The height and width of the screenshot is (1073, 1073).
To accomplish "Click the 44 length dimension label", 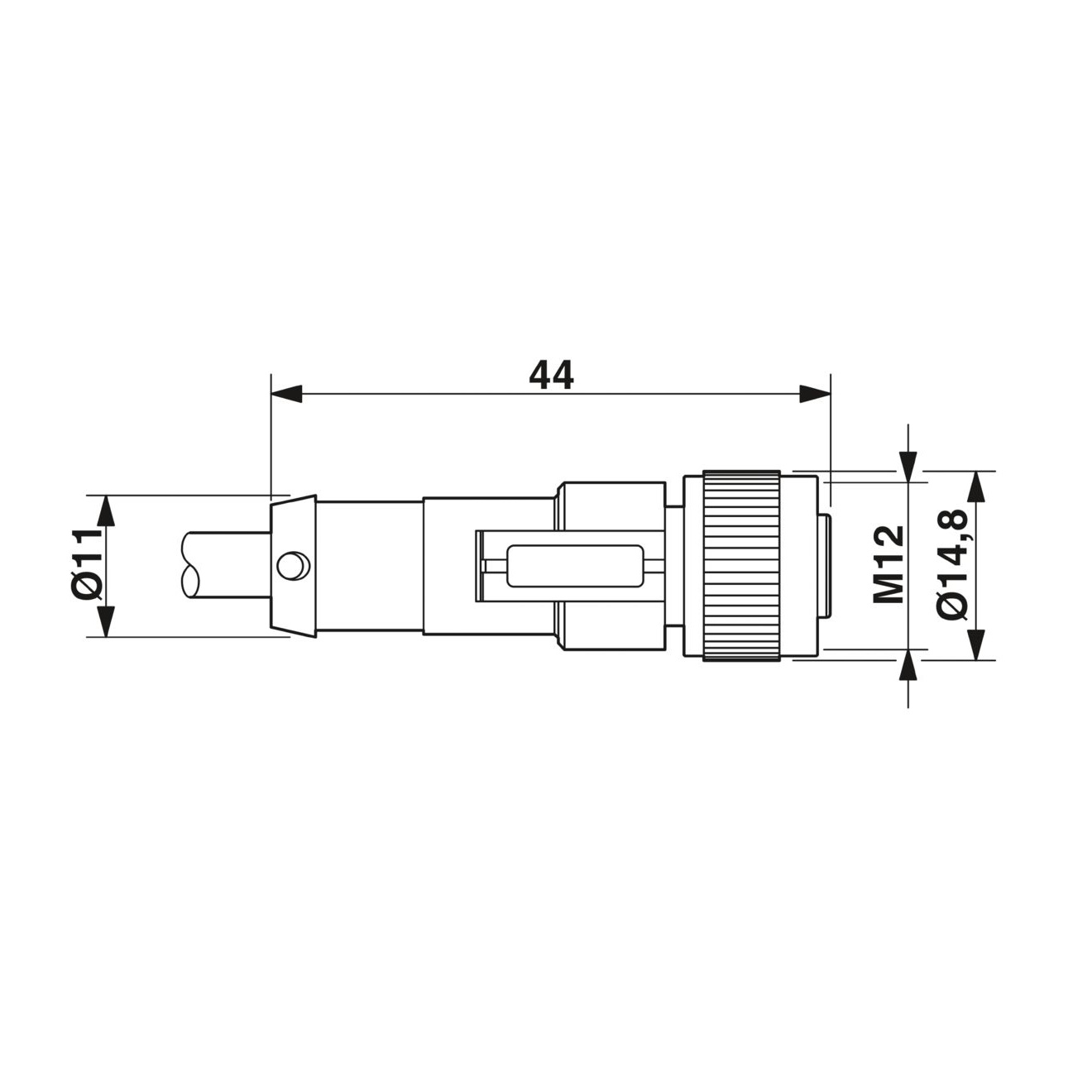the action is click(551, 375).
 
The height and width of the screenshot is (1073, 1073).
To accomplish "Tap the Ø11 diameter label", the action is click(89, 564).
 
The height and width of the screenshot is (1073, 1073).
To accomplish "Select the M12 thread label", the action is click(889, 564).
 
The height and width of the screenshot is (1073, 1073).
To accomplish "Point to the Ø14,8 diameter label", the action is click(952, 564).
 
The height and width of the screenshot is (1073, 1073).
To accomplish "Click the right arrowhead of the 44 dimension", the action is click(815, 394).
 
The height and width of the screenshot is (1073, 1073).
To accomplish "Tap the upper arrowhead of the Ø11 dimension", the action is click(105, 510).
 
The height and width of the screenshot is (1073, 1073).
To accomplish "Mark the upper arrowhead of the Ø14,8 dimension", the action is click(975, 486).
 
